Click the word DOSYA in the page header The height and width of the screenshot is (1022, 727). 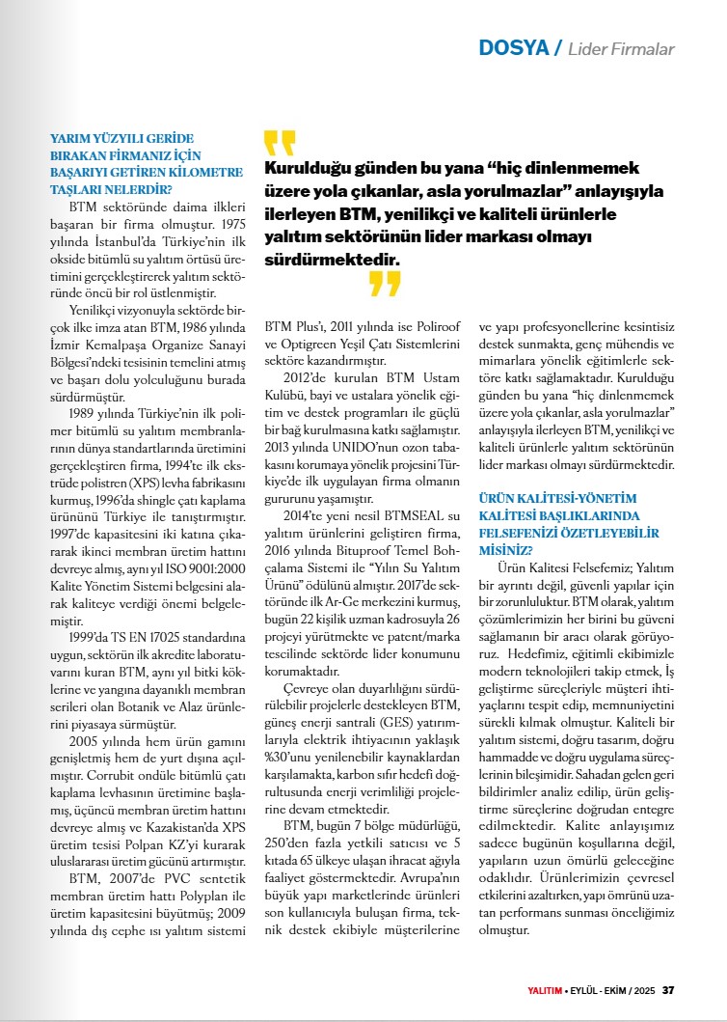512,48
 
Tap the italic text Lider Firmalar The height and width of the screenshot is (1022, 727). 621,49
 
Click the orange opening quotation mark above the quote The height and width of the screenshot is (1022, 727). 279,143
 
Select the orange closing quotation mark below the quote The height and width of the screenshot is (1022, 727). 384,284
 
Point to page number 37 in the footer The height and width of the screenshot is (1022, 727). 668,990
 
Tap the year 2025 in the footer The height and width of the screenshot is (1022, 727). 644,990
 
